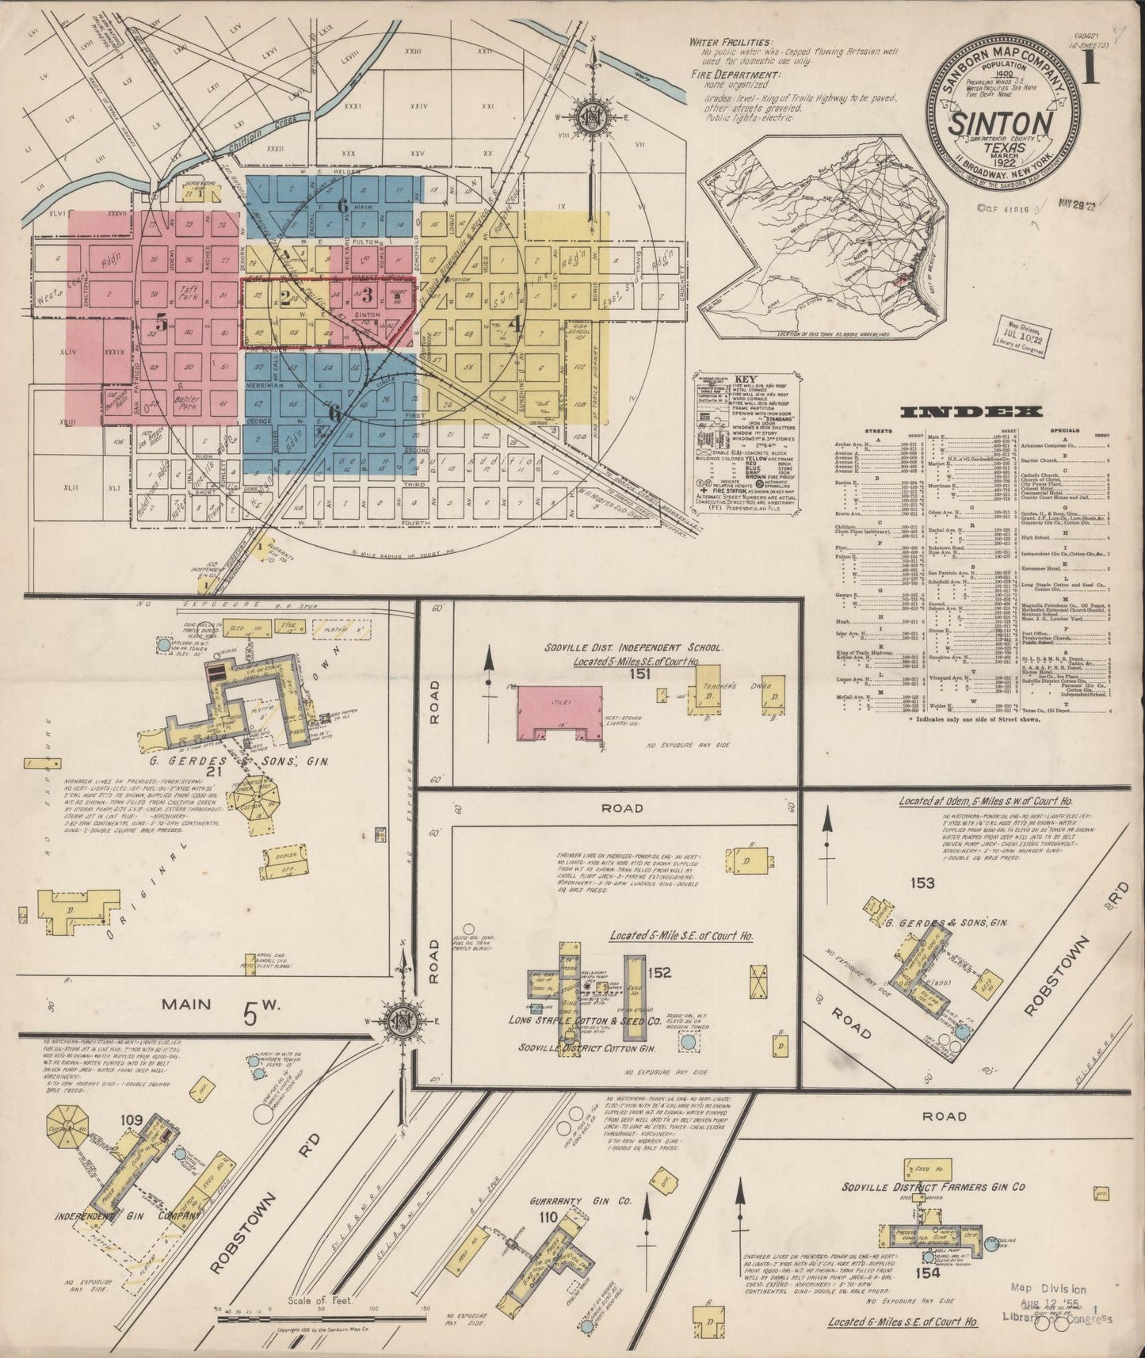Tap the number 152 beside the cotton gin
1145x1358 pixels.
(659, 972)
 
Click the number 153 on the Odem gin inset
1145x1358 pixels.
(922, 883)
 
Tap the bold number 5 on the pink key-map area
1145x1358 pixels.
(162, 322)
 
